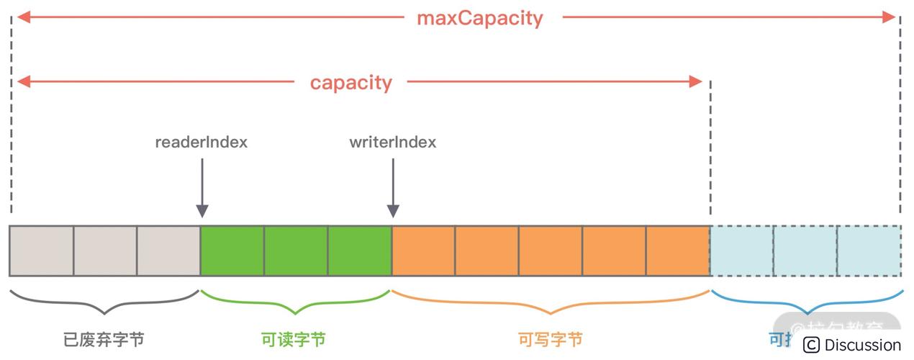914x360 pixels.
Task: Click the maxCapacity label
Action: click(479, 18)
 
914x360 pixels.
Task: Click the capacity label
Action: click(350, 82)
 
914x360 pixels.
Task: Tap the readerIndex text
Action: click(201, 142)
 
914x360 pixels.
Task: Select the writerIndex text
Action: click(392, 142)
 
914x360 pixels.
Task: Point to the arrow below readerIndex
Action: click(202, 187)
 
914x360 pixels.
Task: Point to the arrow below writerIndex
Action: click(393, 187)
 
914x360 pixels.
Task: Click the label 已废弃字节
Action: click(104, 339)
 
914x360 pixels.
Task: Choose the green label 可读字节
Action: click(295, 339)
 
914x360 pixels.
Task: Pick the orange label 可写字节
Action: click(550, 339)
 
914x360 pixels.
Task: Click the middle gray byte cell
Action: click(105, 251)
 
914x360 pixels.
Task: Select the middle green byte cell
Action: click(296, 251)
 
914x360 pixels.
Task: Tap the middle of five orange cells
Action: click(551, 251)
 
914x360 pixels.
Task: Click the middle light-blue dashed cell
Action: click(805, 251)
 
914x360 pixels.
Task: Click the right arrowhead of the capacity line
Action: click(695, 81)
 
